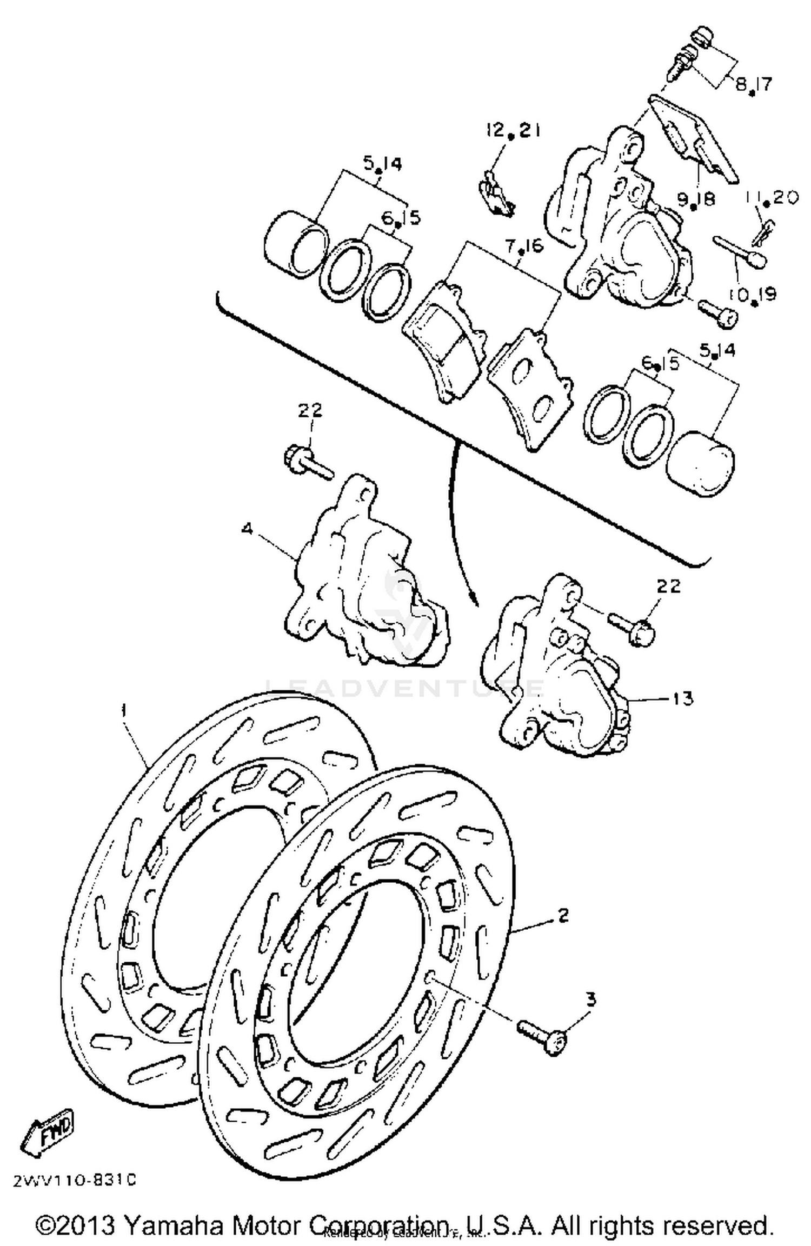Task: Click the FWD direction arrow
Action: point(46,1140)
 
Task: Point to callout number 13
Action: point(682,698)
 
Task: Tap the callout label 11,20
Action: point(772,198)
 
